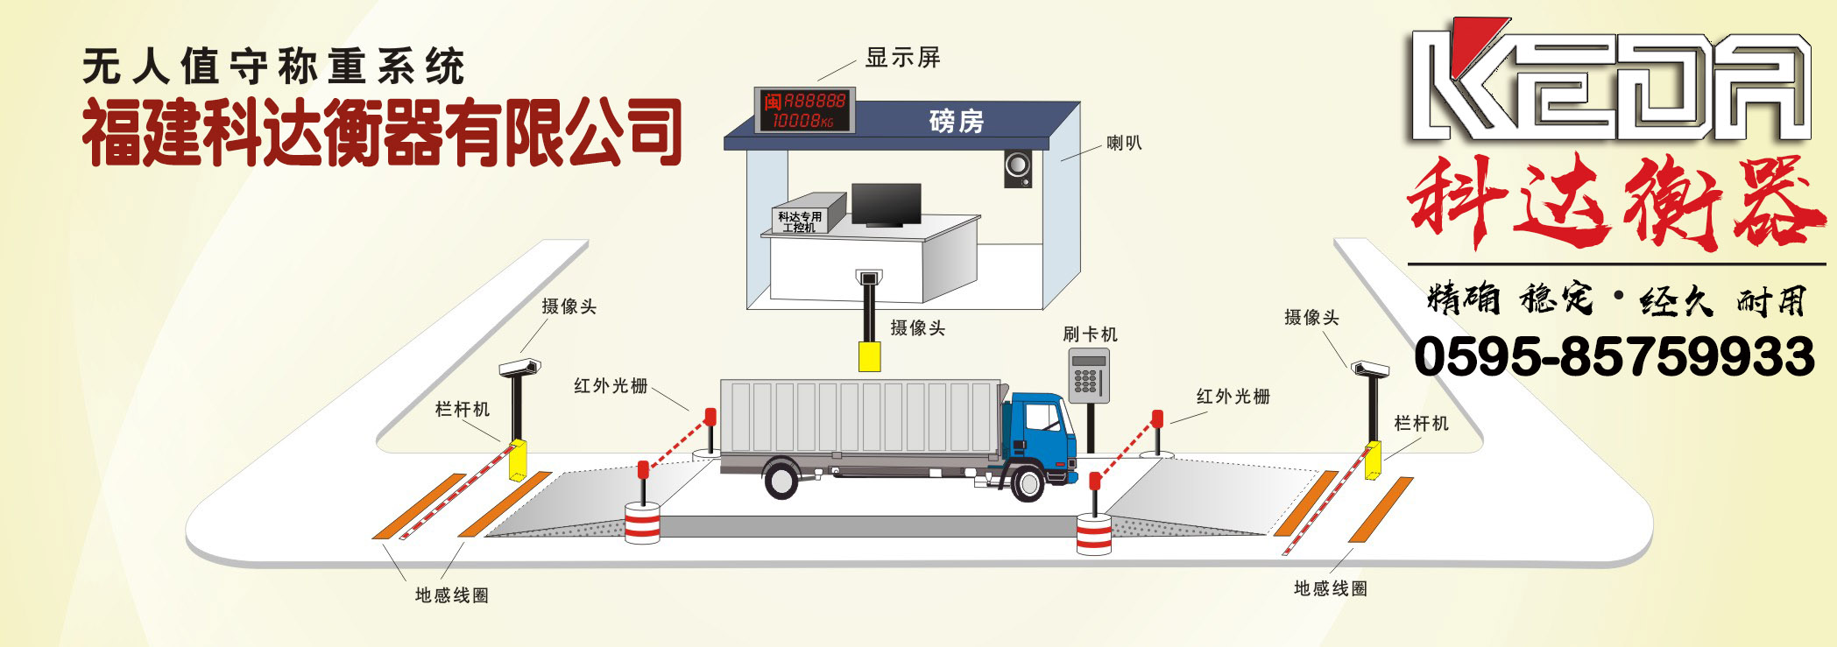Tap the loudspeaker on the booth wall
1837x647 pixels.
click(x=1017, y=168)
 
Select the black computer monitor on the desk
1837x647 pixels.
click(x=886, y=205)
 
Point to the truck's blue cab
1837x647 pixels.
click(x=1042, y=434)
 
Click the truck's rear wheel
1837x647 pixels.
click(x=780, y=481)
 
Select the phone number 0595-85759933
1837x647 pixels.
click(x=1614, y=357)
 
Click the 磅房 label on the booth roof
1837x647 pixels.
click(x=957, y=120)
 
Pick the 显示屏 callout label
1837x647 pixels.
click(x=902, y=58)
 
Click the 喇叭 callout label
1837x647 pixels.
click(x=1124, y=143)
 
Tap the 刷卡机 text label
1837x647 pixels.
click(x=1090, y=334)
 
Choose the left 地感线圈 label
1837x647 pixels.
click(x=451, y=595)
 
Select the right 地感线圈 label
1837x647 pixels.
click(x=1331, y=588)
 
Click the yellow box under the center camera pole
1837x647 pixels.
click(x=869, y=356)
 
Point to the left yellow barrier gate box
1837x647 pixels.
click(x=518, y=460)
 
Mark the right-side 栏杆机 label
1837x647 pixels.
click(x=1421, y=424)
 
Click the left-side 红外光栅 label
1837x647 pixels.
click(x=611, y=385)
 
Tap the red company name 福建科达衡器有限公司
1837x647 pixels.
click(x=382, y=133)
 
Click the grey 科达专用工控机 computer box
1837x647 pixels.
click(x=802, y=214)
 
